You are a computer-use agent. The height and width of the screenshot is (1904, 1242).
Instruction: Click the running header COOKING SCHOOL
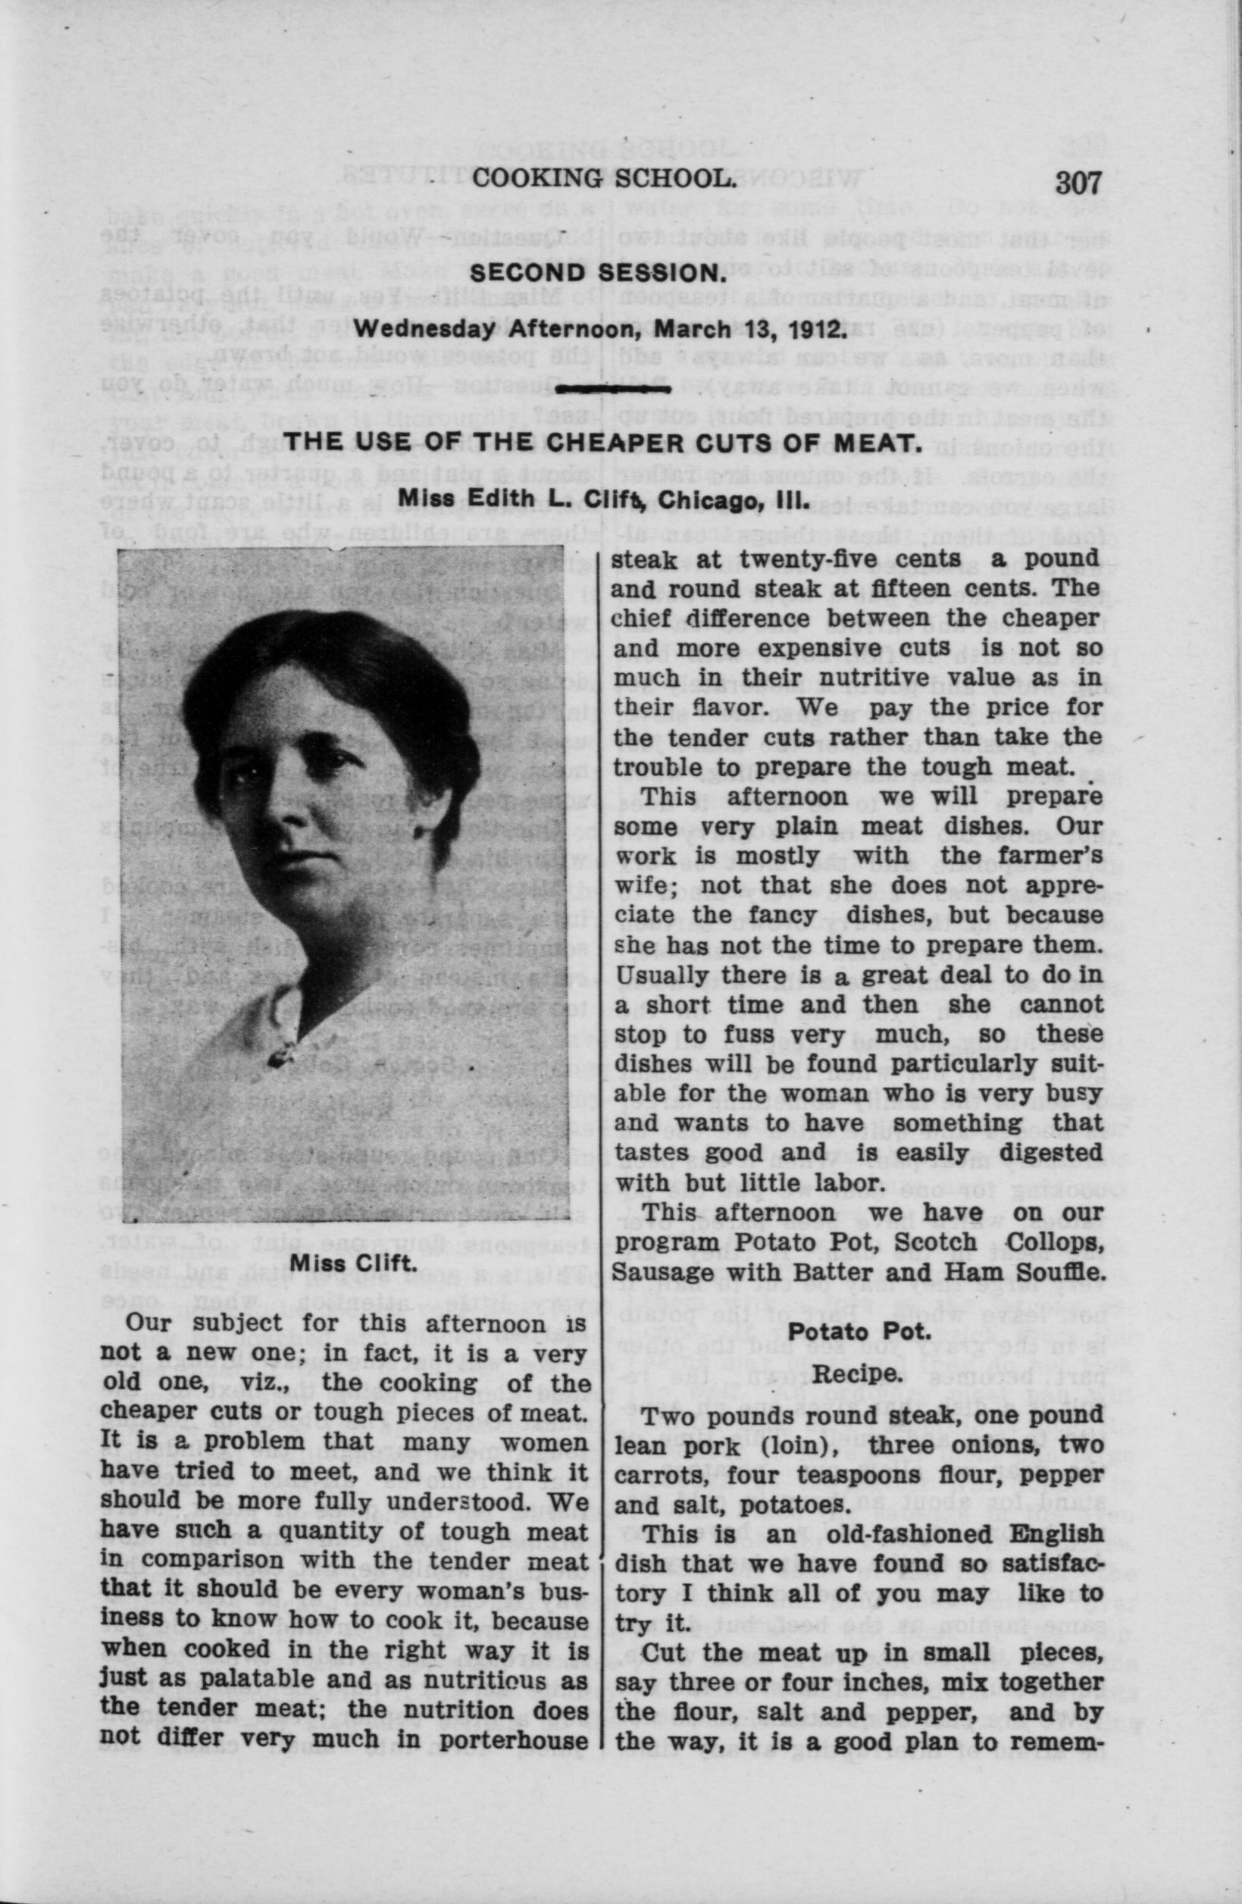click(603, 179)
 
